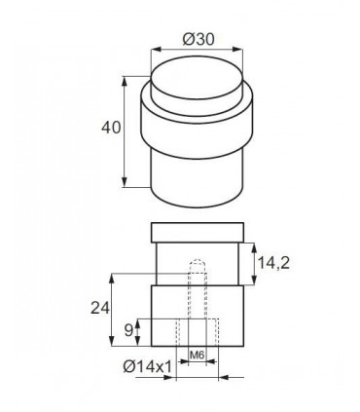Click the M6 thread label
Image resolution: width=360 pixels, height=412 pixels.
(198, 353)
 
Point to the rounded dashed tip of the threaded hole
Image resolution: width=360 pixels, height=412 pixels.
(198, 264)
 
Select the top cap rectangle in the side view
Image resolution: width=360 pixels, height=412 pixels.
(198, 234)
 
